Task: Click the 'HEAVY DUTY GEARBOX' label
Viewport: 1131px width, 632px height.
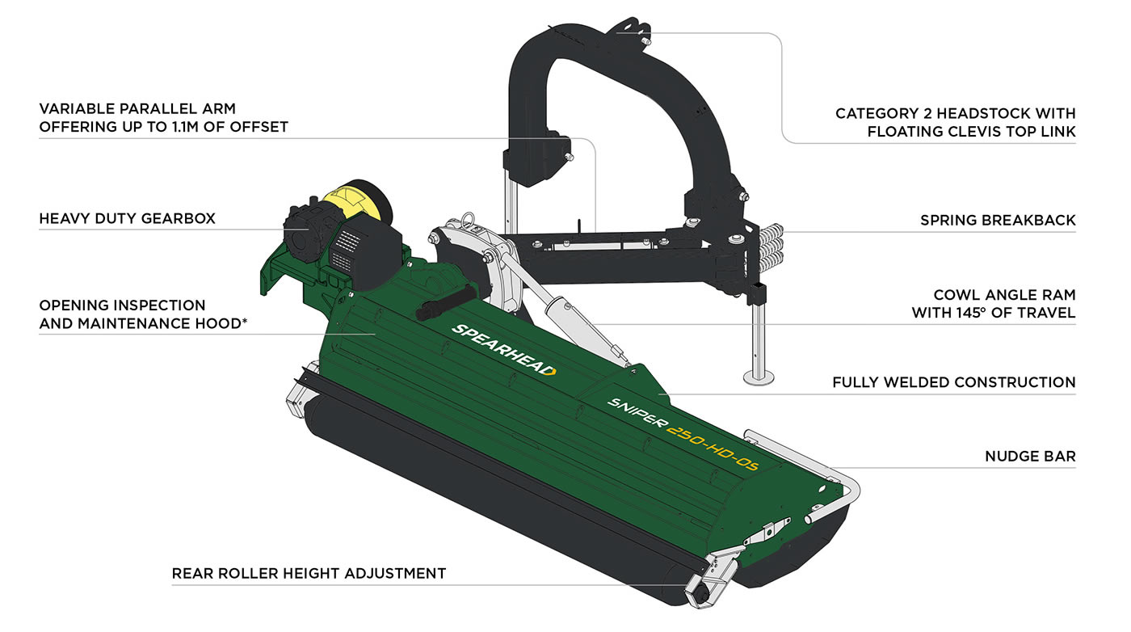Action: point(128,219)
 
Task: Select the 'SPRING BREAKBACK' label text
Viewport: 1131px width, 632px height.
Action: point(998,221)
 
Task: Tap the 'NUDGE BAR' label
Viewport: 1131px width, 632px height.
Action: point(1030,457)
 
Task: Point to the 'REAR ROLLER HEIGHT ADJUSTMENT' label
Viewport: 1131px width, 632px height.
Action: point(309,573)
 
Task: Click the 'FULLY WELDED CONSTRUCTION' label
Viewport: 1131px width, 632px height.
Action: point(954,382)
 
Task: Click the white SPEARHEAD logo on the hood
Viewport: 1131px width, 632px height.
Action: point(503,350)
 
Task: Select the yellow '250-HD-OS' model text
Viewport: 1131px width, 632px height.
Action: point(713,448)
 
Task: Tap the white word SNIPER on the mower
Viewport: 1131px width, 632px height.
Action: point(637,412)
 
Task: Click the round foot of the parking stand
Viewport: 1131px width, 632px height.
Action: point(759,378)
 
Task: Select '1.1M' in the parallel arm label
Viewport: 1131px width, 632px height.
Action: point(185,127)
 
